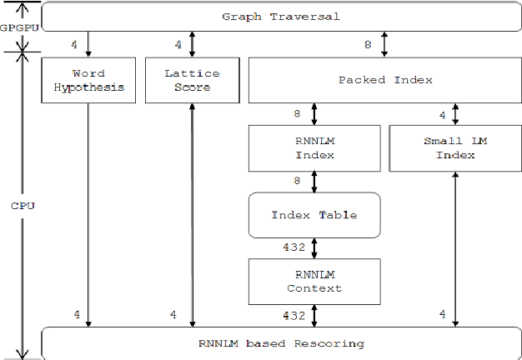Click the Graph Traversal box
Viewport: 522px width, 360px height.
[280, 17]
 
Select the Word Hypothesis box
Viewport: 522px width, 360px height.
[88, 79]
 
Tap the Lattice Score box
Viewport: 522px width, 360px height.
[192, 79]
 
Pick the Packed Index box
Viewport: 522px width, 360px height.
[384, 80]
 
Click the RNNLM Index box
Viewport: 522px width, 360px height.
[314, 148]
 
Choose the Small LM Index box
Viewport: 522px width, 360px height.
[454, 148]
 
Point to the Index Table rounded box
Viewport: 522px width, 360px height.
[314, 215]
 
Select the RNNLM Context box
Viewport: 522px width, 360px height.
[314, 281]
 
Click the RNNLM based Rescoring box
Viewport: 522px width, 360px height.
[280, 343]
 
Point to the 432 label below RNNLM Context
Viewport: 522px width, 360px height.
[294, 315]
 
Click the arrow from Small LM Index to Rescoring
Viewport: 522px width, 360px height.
[454, 250]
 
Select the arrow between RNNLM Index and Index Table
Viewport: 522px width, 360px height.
[314, 182]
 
